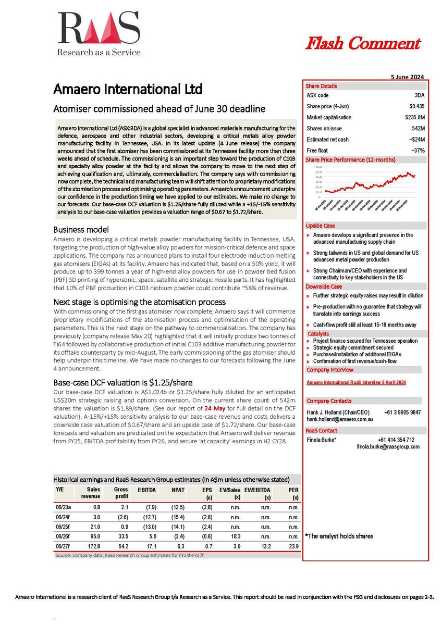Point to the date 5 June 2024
[x=407, y=77]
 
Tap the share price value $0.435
[x=416, y=106]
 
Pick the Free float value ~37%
[x=418, y=151]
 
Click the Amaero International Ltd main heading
[x=127, y=89]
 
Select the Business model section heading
[x=81, y=230]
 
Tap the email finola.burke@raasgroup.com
[x=388, y=446]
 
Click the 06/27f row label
[x=64, y=546]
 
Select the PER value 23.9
[x=293, y=546]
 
